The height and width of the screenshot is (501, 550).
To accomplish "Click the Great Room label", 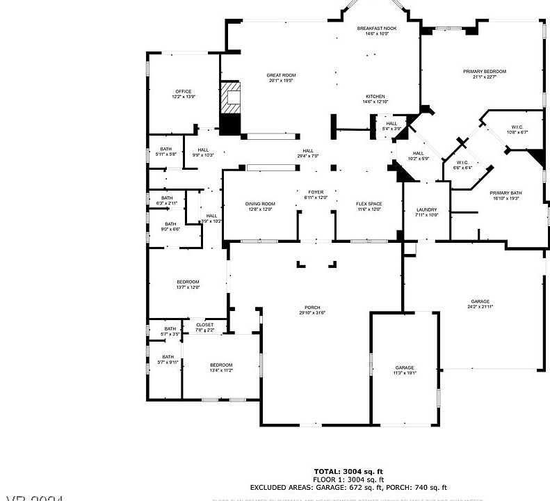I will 281,74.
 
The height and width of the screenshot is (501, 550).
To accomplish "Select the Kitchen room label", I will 375,97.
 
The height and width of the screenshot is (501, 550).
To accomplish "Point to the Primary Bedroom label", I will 485,72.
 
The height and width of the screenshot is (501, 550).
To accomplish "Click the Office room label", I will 183,91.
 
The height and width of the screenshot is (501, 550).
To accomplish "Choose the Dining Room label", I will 260,204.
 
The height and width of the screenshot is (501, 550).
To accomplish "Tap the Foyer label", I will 316,192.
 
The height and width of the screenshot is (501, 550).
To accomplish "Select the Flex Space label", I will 369,204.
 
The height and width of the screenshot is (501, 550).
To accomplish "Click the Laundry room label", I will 426,209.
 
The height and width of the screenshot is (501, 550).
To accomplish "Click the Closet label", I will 204,325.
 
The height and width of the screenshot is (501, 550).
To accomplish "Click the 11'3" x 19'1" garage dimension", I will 404,373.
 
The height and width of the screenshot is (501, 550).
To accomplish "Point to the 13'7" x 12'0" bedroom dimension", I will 188,287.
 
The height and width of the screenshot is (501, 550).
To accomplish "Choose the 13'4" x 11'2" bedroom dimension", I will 221,371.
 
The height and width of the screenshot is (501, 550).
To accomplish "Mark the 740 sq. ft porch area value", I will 428,488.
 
